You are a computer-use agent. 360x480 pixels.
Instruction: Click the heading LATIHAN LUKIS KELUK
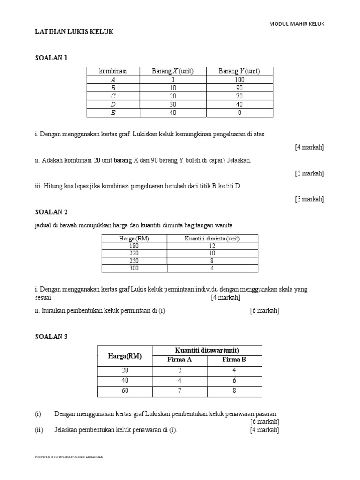75,31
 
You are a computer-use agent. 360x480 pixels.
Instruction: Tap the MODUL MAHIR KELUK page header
296,23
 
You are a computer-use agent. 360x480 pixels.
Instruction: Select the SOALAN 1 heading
52,58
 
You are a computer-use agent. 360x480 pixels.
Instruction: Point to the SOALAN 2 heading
52,212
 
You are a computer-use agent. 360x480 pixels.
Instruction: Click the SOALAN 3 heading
52,336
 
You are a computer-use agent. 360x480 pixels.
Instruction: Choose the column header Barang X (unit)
172,71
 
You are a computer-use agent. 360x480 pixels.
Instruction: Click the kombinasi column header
112,71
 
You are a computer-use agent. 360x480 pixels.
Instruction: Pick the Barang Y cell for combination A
240,80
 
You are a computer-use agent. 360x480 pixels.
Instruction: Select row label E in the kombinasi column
112,113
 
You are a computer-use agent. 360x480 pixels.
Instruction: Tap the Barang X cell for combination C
172,96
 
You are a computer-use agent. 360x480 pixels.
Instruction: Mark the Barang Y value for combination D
240,105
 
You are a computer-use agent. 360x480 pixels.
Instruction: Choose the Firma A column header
180,360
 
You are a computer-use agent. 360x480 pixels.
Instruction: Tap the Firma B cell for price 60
234,391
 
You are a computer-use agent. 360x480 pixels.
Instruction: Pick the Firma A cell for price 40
180,381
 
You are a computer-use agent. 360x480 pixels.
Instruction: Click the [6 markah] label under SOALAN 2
264,311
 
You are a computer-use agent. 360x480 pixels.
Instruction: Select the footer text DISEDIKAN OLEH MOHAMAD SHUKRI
69,457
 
